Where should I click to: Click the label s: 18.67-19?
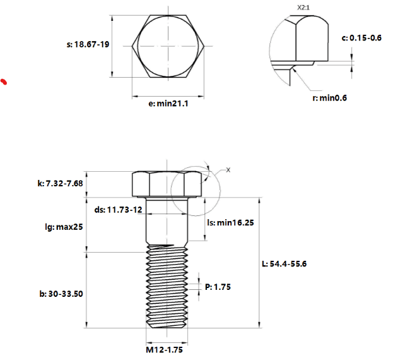tap(88, 44)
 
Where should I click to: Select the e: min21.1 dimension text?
tap(168, 104)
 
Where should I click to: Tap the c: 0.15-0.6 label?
tap(361, 38)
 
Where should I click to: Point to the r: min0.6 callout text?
tap(329, 98)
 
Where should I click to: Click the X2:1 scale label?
tap(303, 8)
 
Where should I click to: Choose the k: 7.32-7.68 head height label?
tap(60, 183)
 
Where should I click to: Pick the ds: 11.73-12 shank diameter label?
tap(119, 210)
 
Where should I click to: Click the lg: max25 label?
tap(64, 227)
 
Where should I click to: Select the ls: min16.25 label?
tap(231, 222)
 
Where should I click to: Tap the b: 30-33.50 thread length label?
tap(61, 294)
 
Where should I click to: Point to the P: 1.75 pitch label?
tap(218, 287)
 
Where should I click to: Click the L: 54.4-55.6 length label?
tap(284, 263)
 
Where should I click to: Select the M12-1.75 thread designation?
tap(165, 350)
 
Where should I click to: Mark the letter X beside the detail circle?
tap(228, 170)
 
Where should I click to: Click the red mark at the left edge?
tap(4, 81)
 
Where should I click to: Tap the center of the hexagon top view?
tap(168, 46)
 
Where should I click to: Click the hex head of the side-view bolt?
tap(167, 184)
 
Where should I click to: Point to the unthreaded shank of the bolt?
tap(167, 221)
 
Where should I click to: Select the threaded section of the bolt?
tap(167, 287)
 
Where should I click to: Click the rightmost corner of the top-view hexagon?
tap(204, 46)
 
